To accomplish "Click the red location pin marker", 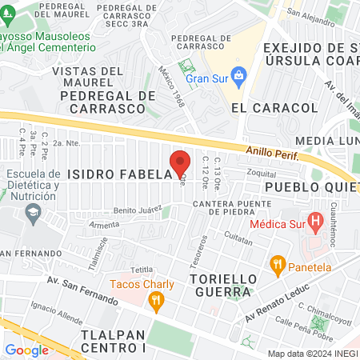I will (x=181, y=162).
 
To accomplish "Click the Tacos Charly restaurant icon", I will (x=156, y=300).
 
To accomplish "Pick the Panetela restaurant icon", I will (x=278, y=262).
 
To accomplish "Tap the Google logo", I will (x=26, y=350).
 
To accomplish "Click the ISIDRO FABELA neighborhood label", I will (x=120, y=174).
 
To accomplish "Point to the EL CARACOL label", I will (x=264, y=107).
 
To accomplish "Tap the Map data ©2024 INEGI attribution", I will (x=311, y=354).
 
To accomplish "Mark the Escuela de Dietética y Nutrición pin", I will (x=33, y=212).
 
